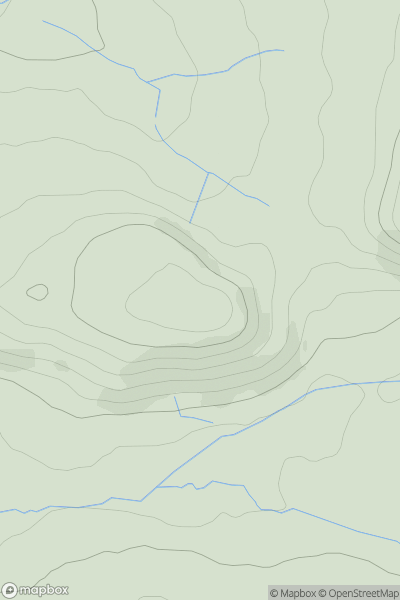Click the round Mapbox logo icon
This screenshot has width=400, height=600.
coord(10,591)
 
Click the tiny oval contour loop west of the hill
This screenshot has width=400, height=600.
coord(37,292)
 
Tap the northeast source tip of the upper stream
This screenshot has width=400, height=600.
coord(283,50)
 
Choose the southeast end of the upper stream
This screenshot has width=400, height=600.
coord(268,206)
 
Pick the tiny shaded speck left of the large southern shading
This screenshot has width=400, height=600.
coord(62,366)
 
